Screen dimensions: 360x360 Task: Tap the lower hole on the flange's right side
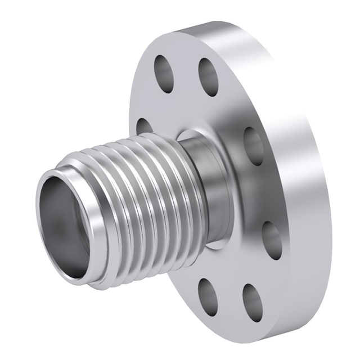click(x=272, y=239)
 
